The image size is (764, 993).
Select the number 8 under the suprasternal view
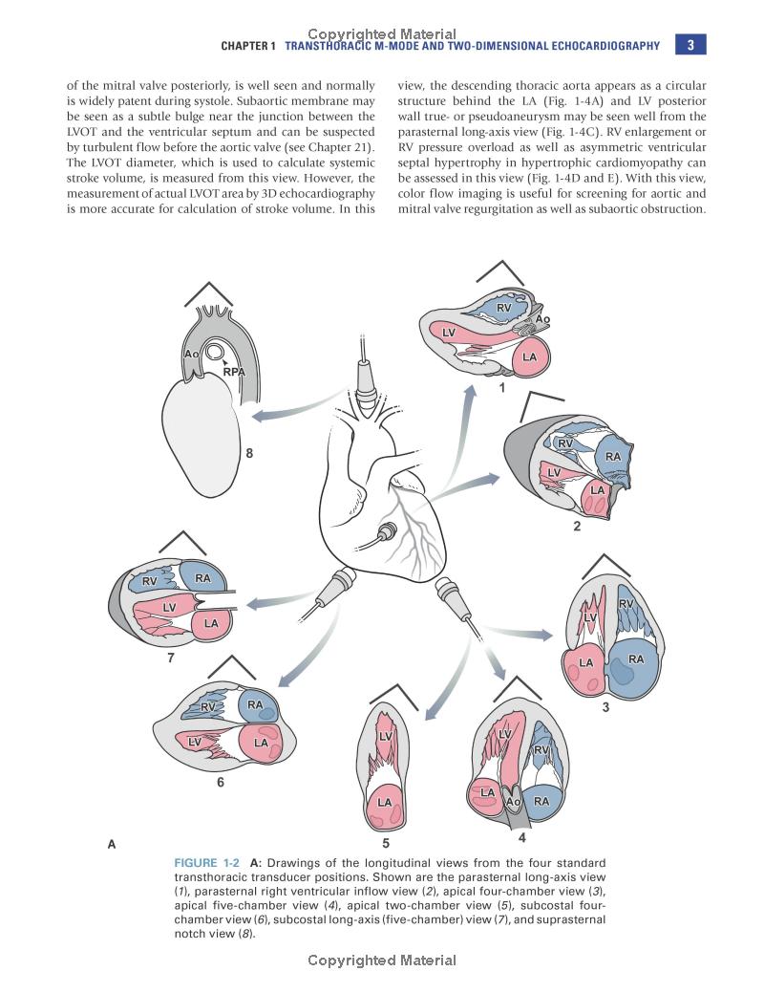(249, 454)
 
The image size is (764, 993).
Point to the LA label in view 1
(529, 357)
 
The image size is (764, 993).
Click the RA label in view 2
(613, 457)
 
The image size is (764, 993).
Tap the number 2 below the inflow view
(577, 525)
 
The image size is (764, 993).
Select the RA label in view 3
(636, 658)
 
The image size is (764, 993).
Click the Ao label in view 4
(512, 801)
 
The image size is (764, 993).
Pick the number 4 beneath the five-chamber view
(521, 838)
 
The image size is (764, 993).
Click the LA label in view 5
(386, 802)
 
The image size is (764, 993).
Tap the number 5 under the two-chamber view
(386, 843)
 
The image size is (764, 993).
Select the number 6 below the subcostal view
(221, 782)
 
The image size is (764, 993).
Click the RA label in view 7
(202, 578)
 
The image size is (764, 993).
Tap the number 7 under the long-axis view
(171, 658)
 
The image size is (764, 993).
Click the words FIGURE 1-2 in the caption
(207, 863)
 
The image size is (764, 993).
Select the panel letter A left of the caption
(112, 844)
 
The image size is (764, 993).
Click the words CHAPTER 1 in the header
(248, 46)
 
